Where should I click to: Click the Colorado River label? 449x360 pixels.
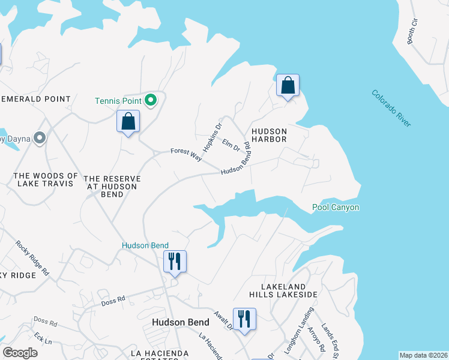click(x=391, y=108)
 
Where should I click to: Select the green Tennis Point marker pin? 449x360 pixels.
click(x=151, y=100)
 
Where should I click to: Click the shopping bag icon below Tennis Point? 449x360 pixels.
click(x=128, y=122)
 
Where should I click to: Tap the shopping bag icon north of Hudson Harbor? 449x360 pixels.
click(x=288, y=86)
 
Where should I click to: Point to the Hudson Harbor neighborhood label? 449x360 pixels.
click(x=269, y=135)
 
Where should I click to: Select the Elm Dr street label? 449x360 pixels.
click(x=231, y=145)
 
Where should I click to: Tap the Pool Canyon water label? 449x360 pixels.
click(x=336, y=208)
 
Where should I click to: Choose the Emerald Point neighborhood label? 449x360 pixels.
click(x=36, y=99)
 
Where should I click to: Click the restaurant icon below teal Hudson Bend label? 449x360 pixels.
click(x=175, y=262)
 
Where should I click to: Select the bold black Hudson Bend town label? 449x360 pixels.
click(x=180, y=322)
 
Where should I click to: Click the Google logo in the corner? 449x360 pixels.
click(x=20, y=352)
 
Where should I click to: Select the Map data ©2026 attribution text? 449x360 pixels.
click(x=423, y=355)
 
